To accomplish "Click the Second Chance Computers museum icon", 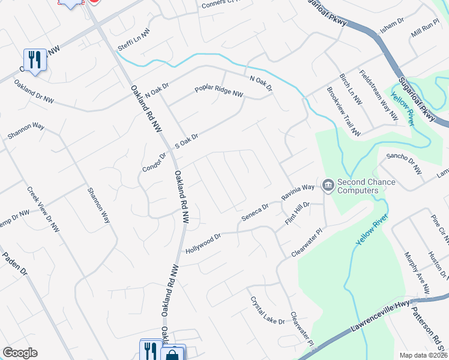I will tap(328, 185).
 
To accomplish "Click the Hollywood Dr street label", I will tap(203, 242).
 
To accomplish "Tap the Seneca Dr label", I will tap(255, 212).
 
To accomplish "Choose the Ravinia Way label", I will tap(298, 192).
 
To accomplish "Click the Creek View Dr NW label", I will tap(43, 209).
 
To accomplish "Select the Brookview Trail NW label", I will tap(343, 112).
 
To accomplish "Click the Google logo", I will tap(20, 353).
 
